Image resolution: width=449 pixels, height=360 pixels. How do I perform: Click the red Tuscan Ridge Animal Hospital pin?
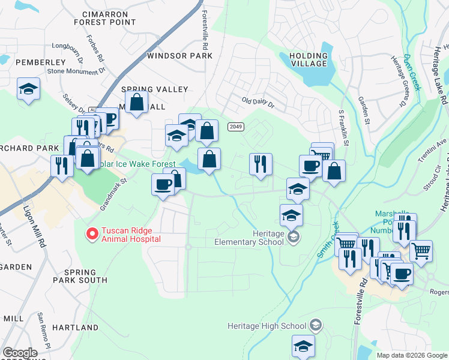tap(92, 233)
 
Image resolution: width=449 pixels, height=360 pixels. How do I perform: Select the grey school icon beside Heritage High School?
tap(316, 326)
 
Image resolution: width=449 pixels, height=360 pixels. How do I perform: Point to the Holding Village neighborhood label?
tap(309, 59)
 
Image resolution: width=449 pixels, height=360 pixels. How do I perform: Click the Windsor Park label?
tap(179, 56)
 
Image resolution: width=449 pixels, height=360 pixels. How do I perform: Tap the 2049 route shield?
tap(235, 127)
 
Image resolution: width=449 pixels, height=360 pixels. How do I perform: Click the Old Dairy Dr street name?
tap(258, 103)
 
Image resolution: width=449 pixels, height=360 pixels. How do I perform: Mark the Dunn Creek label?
tap(412, 71)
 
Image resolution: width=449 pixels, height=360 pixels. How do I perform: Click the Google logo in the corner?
tap(19, 353)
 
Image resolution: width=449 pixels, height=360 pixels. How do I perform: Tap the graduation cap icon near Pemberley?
tap(28, 89)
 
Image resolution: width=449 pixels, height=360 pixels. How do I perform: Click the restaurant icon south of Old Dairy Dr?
tap(261, 163)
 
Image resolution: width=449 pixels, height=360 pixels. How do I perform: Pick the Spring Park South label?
tap(85, 276)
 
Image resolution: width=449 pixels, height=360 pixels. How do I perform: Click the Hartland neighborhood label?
tap(75, 328)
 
